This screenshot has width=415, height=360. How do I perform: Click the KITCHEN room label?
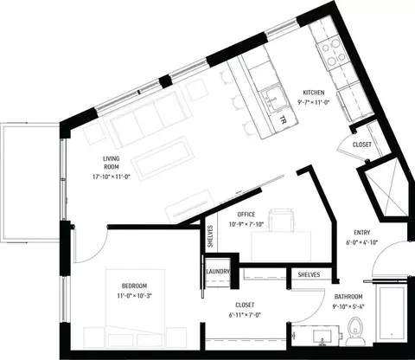click(314, 93)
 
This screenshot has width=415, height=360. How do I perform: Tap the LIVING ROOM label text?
click(112, 163)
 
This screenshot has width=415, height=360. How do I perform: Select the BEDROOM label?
click(134, 286)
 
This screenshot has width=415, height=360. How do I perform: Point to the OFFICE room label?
click(246, 215)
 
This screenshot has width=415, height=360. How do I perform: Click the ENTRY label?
click(362, 233)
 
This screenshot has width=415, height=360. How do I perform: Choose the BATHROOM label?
click(348, 297)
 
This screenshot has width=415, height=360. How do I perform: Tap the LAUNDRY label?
click(218, 272)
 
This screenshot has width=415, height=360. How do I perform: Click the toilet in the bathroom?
click(355, 331)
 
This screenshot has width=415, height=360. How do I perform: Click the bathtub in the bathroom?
click(391, 312)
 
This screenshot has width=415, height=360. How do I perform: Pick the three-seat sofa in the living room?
click(147, 119)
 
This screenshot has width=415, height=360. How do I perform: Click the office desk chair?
click(281, 221)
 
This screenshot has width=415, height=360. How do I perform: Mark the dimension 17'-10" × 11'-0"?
click(112, 177)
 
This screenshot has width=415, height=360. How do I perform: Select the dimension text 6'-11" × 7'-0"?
click(245, 315)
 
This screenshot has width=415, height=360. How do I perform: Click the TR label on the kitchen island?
click(283, 119)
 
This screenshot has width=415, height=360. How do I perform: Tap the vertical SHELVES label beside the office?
click(210, 236)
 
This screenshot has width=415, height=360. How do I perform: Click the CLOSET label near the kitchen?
click(362, 145)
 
